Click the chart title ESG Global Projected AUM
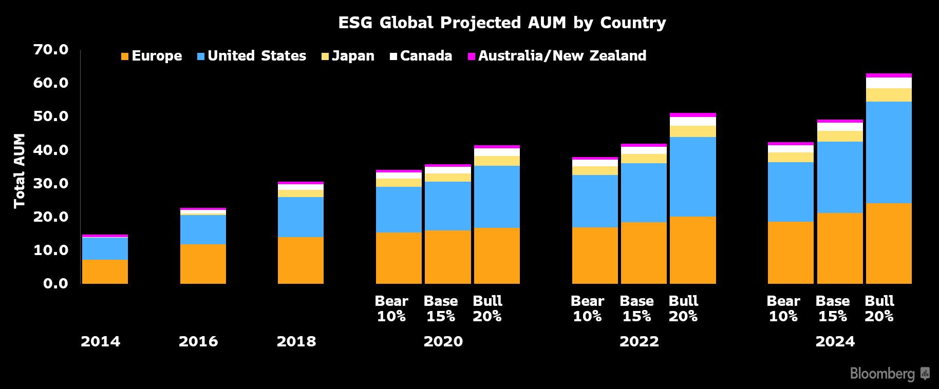pyautogui.click(x=501, y=23)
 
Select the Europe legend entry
pyautogui.click(x=152, y=56)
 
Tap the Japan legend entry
pyautogui.click(x=348, y=56)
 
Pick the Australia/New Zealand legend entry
pyautogui.click(x=557, y=56)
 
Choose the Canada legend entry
pyautogui.click(x=421, y=56)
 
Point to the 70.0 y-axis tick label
pyautogui.click(x=50, y=50)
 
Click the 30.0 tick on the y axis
pyautogui.click(x=50, y=183)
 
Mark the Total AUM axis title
pyautogui.click(x=20, y=171)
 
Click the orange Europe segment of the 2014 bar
pyautogui.click(x=105, y=271)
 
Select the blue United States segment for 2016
pyautogui.click(x=203, y=229)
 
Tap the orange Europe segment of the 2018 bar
pyautogui.click(x=301, y=260)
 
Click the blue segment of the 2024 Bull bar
pyautogui.click(x=889, y=152)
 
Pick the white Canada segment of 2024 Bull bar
pyautogui.click(x=889, y=83)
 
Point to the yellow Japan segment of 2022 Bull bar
pyautogui.click(x=692, y=131)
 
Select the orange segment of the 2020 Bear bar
pyautogui.click(x=399, y=258)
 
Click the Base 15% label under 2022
pyautogui.click(x=636, y=308)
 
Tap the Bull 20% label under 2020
pyautogui.click(x=487, y=308)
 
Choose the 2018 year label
pyautogui.click(x=296, y=341)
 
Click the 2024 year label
pyautogui.click(x=835, y=341)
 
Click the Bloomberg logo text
pyautogui.click(x=882, y=373)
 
